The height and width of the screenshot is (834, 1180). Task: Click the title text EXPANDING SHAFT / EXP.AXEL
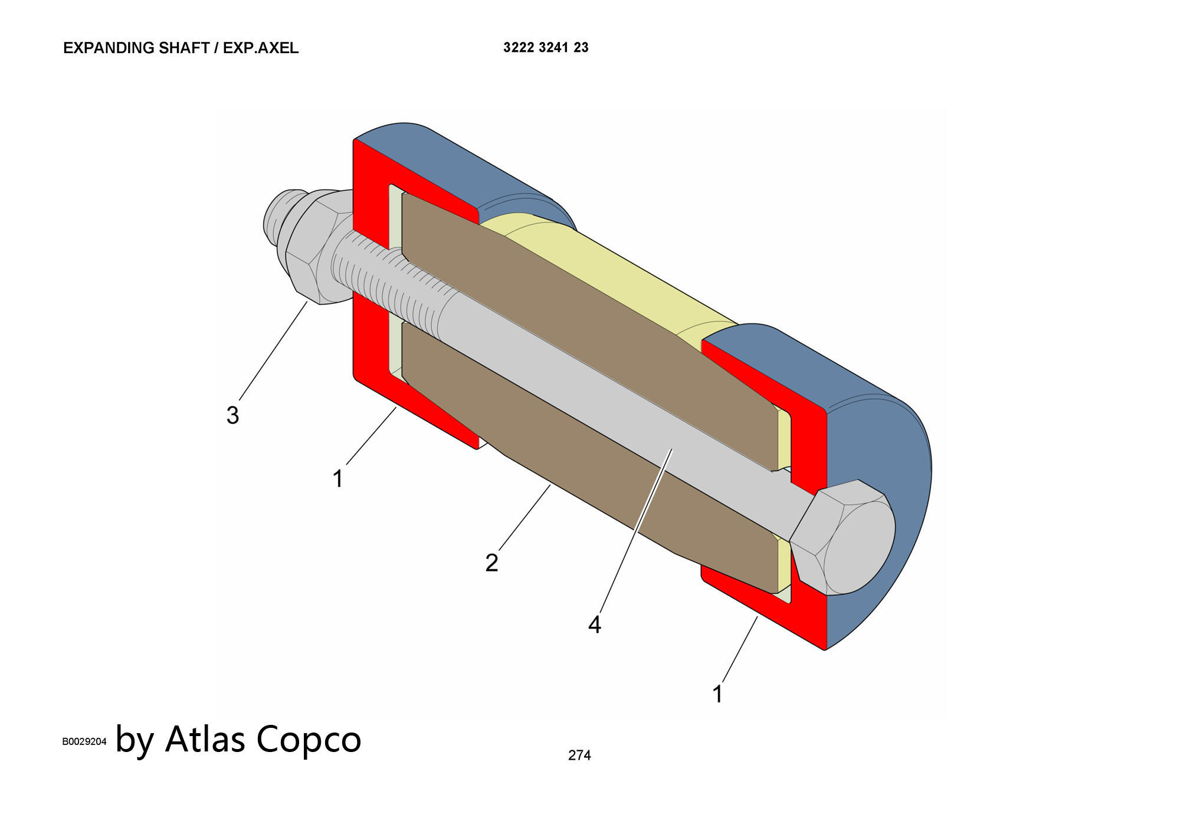(181, 48)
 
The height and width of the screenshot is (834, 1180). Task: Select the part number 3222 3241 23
(546, 48)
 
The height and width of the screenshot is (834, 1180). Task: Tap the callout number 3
(232, 415)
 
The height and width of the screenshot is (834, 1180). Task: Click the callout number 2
(491, 563)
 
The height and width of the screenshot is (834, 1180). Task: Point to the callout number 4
(594, 625)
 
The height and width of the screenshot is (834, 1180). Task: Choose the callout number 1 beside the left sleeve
(337, 478)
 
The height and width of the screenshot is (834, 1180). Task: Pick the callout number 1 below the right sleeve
(717, 694)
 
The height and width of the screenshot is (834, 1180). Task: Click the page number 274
(579, 755)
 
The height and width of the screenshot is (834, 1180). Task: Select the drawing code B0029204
(84, 741)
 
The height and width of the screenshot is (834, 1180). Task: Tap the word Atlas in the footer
(205, 739)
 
